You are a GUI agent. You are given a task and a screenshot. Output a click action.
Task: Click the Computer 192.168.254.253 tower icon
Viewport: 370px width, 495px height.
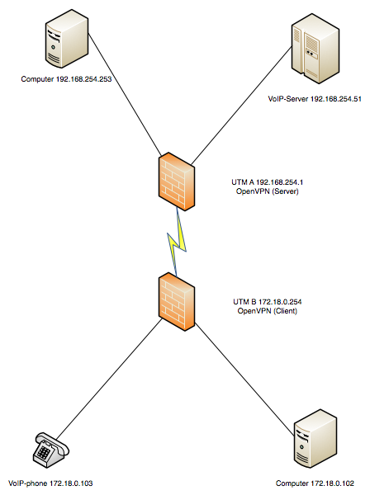click(67, 39)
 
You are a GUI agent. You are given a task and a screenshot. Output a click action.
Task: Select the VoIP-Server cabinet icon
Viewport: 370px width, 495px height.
click(315, 48)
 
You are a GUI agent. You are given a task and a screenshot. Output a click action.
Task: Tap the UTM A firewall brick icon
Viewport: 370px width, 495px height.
click(176, 181)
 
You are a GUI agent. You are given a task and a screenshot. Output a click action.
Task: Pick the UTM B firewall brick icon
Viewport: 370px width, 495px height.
click(176, 302)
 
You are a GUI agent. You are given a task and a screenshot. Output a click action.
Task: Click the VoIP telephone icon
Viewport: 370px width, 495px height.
click(51, 450)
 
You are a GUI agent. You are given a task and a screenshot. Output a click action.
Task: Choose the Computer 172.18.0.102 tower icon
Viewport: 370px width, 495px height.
click(315, 439)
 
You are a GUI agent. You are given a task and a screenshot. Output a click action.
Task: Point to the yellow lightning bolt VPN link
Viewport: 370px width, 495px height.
click(177, 242)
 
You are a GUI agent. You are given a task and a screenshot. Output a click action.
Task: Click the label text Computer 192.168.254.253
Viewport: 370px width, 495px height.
click(66, 79)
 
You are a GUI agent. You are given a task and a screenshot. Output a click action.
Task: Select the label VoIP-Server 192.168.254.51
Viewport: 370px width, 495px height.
click(315, 99)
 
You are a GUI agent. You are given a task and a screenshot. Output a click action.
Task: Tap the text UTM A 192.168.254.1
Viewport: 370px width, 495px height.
click(268, 182)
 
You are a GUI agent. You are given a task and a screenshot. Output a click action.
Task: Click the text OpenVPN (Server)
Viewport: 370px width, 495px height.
click(268, 191)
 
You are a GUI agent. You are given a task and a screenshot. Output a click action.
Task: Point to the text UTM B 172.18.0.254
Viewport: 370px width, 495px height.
click(268, 302)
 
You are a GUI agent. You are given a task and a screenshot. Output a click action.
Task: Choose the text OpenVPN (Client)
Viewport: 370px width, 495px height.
click(268, 311)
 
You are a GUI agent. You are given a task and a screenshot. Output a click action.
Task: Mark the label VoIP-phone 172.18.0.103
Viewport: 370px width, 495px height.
click(50, 483)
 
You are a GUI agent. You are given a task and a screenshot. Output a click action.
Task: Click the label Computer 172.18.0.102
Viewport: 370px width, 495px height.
click(315, 483)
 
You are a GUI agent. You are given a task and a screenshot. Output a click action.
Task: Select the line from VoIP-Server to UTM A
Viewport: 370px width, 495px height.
click(241, 106)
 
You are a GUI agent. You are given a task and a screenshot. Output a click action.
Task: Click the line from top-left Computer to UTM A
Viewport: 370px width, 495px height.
click(126, 94)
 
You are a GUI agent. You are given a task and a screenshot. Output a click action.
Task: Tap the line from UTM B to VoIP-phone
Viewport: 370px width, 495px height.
click(109, 379)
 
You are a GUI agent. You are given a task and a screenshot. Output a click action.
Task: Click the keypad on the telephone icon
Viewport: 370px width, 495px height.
click(44, 452)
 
